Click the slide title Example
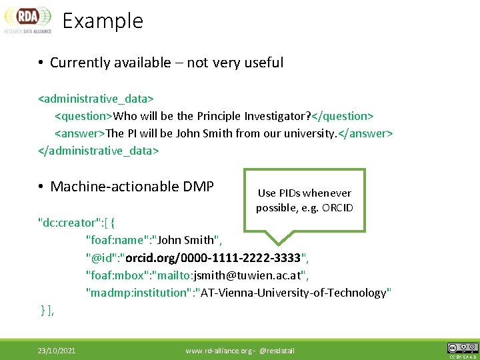coord(103,21)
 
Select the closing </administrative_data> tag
coord(99,150)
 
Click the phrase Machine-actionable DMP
coord(132,187)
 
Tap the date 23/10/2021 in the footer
coord(56,351)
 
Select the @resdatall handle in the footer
coord(277,351)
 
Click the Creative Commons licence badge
coord(462,348)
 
